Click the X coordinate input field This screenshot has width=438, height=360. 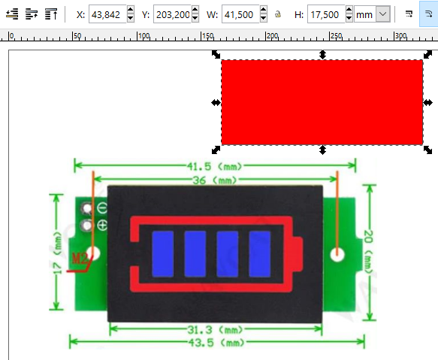[108, 14]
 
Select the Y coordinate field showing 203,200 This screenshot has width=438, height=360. [172, 14]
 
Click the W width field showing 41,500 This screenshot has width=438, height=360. [241, 14]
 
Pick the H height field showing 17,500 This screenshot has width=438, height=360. [326, 14]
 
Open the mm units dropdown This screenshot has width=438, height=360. [373, 14]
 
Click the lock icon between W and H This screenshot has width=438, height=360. [278, 14]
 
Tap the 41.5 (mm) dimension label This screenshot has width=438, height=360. [215, 167]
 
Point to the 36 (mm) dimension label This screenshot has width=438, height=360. [215, 180]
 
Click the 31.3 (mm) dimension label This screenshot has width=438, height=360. [215, 330]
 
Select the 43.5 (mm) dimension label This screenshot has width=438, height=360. [216, 343]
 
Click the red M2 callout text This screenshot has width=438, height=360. [80, 259]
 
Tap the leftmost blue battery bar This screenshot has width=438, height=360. [163, 254]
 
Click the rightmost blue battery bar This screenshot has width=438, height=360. [260, 254]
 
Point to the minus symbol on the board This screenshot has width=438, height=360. [102, 208]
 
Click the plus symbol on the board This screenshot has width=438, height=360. [102, 225]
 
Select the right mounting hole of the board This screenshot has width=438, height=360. [337, 255]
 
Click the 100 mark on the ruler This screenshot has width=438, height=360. [144, 36]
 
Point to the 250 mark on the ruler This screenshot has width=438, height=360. [337, 36]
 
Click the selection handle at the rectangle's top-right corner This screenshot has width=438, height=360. [427, 54]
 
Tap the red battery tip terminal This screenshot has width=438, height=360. [298, 254]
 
